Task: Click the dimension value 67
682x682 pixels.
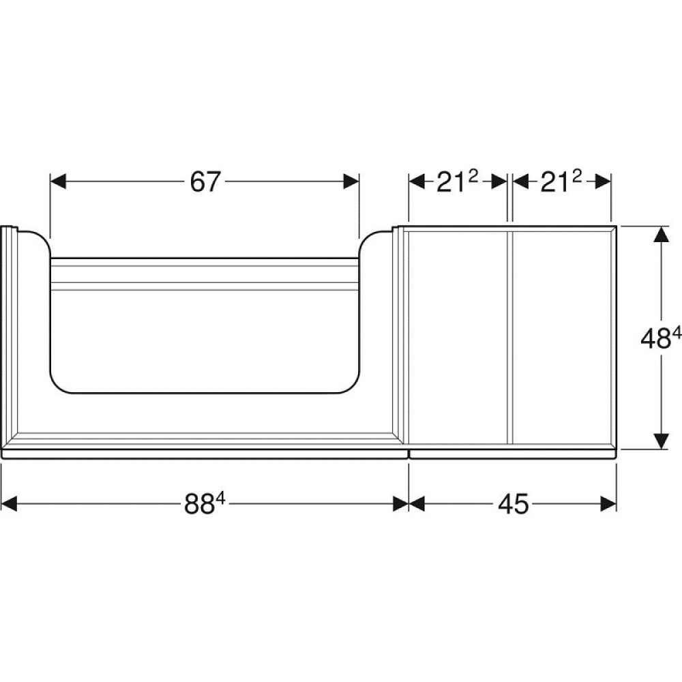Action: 205,182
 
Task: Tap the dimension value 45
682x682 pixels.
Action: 513,505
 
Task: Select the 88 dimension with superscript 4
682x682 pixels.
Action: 205,505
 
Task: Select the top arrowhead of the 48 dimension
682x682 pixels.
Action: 659,235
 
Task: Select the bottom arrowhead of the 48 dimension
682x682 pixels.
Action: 659,441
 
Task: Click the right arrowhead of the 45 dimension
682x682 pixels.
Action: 608,505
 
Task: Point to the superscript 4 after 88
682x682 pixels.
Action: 221,499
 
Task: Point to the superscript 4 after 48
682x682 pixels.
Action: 676,332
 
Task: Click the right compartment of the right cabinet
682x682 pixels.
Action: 563,338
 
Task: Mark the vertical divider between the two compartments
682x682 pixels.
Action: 509,338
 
